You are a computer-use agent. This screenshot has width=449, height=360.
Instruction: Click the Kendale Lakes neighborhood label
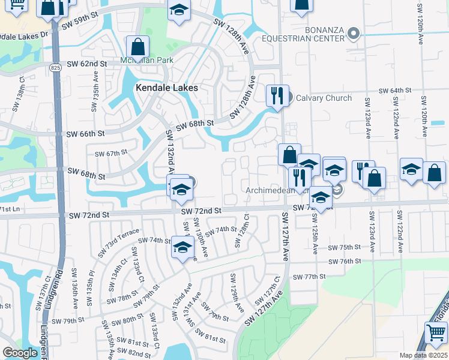[166, 88]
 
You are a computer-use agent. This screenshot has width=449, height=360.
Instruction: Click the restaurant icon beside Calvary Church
[277, 96]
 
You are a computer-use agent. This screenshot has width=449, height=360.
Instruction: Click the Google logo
[20, 353]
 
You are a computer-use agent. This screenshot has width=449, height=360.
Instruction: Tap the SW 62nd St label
[86, 64]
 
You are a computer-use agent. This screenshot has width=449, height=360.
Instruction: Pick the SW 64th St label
[394, 90]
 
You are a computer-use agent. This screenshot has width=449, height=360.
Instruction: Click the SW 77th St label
[310, 277]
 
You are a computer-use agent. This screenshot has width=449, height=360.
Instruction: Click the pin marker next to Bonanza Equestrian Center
[354, 34]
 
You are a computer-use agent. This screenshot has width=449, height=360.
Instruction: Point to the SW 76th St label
[344, 261]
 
